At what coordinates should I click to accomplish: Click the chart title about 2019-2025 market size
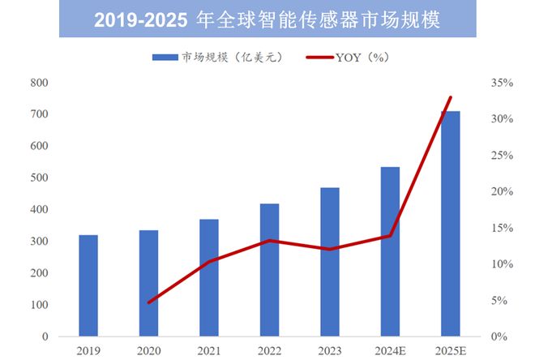click(x=267, y=20)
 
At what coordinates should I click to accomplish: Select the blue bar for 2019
click(x=88, y=285)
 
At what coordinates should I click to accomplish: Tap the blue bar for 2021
click(x=209, y=277)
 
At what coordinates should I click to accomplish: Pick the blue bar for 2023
click(x=330, y=262)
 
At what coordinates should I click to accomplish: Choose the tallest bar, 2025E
click(x=450, y=224)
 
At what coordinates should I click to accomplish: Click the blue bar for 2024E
click(x=390, y=251)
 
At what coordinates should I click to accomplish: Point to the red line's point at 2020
click(x=149, y=302)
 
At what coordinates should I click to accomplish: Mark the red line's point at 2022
click(x=269, y=241)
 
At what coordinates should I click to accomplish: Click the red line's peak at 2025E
click(x=450, y=97)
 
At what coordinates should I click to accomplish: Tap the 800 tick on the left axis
click(x=39, y=83)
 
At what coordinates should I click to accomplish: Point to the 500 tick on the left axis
click(x=39, y=178)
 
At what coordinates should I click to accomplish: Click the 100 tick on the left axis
click(x=39, y=305)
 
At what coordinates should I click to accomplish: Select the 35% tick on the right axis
click(x=503, y=83)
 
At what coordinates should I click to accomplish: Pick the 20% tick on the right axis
click(x=503, y=191)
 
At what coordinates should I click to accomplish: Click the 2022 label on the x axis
click(x=269, y=350)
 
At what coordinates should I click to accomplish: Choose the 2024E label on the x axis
click(x=390, y=350)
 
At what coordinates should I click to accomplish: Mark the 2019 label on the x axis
click(x=88, y=350)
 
